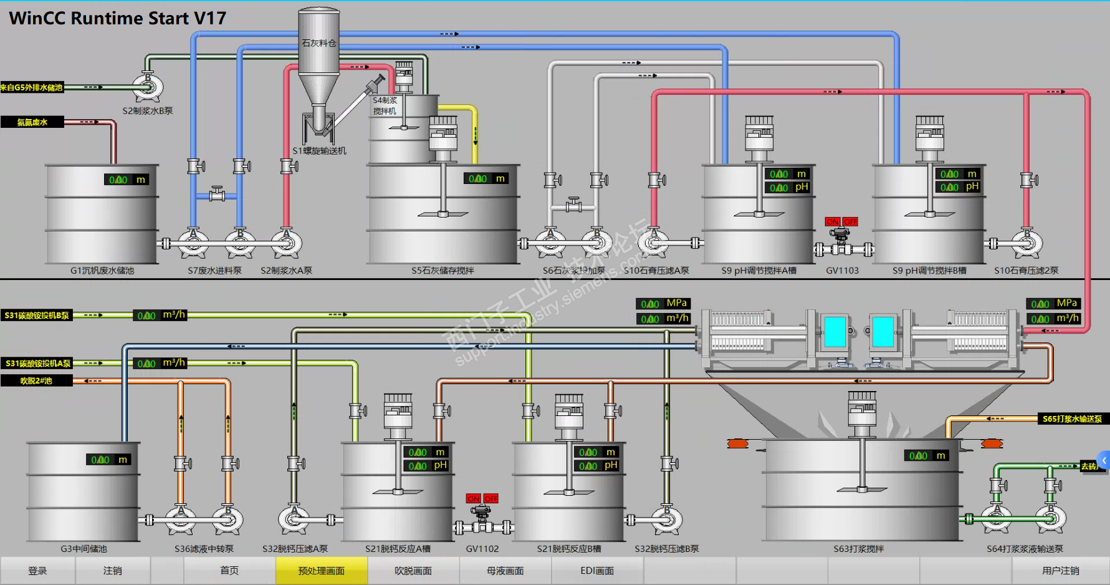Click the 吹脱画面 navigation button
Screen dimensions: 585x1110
click(x=413, y=571)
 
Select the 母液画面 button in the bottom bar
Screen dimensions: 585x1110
click(x=505, y=571)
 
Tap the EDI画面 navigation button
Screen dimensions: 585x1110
click(x=597, y=571)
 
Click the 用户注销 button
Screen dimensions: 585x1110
click(x=1060, y=571)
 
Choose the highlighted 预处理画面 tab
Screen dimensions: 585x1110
click(x=322, y=571)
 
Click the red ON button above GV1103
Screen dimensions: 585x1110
click(x=833, y=221)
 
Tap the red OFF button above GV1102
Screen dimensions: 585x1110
click(x=491, y=498)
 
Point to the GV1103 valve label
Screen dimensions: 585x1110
click(x=842, y=271)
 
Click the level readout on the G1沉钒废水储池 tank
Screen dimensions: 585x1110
click(x=127, y=180)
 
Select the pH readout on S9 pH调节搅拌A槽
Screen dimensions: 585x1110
click(x=788, y=187)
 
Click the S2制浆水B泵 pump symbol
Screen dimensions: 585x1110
click(x=148, y=87)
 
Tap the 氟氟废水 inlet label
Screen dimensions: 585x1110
click(x=32, y=122)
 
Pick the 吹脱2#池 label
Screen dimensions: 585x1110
click(x=36, y=380)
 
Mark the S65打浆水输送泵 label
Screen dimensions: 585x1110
click(x=1072, y=419)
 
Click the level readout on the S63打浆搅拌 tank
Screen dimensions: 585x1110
click(x=927, y=456)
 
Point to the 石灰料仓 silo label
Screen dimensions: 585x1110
click(x=318, y=43)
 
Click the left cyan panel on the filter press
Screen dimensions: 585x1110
click(x=835, y=331)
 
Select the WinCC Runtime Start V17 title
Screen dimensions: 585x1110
click(x=118, y=18)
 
